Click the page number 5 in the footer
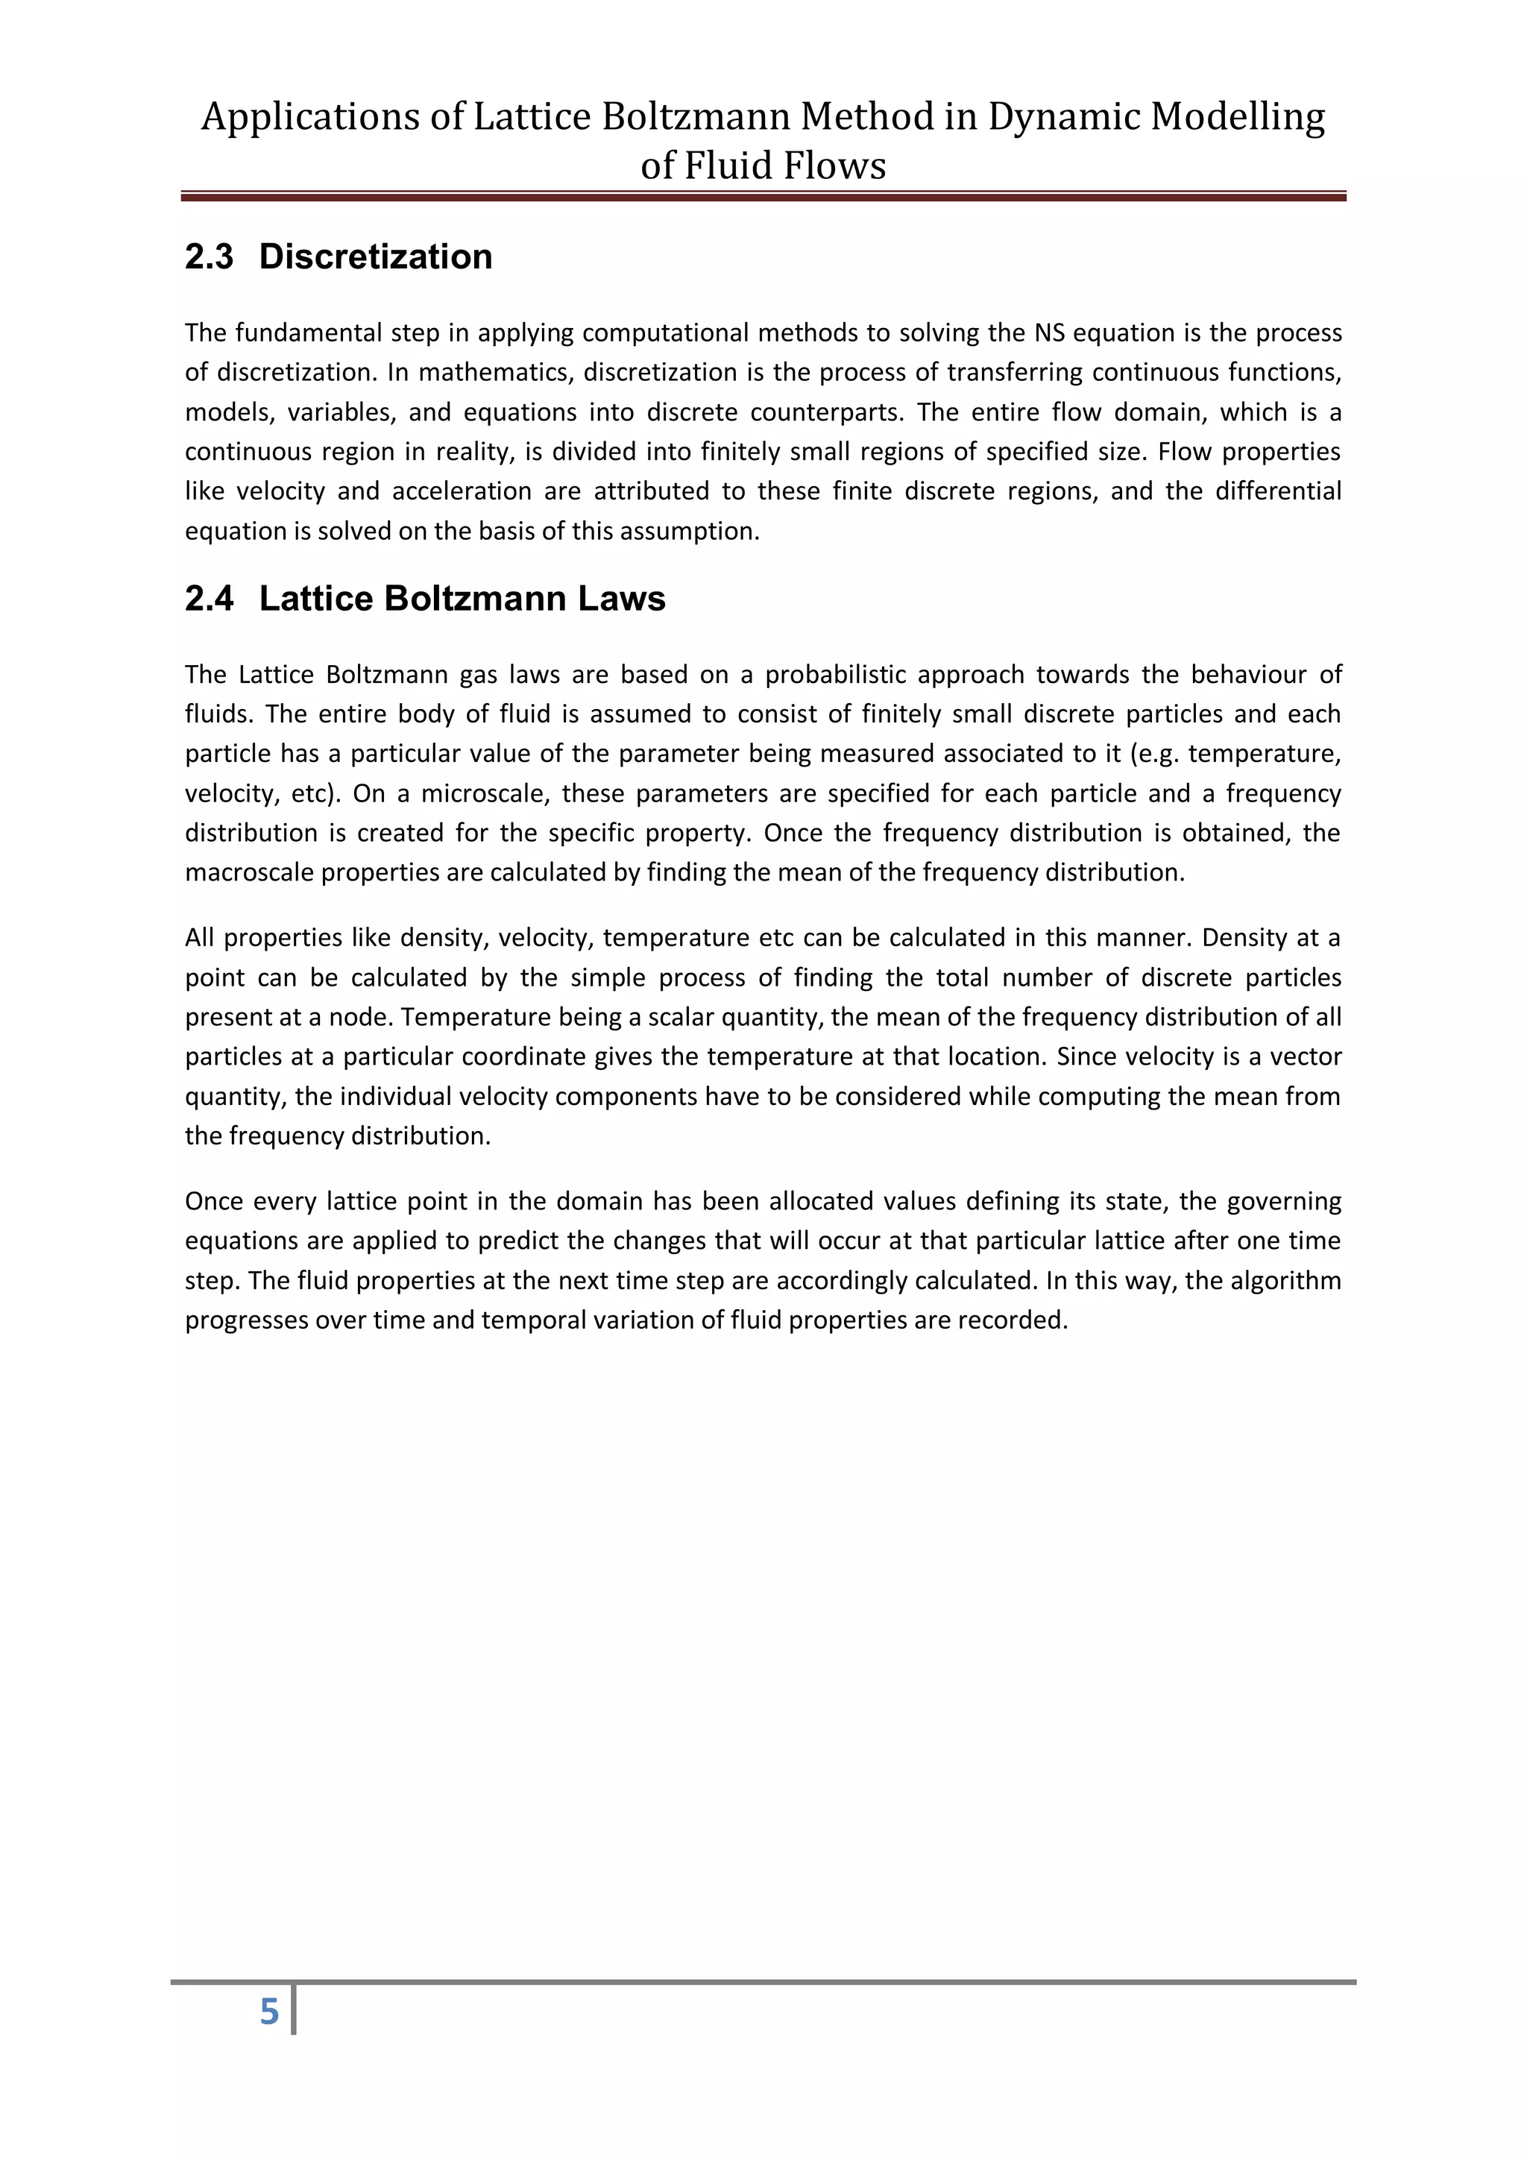click(x=269, y=2012)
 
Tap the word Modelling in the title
click(x=1238, y=116)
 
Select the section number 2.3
click(x=209, y=256)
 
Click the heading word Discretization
click(x=375, y=256)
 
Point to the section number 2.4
click(x=209, y=599)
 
